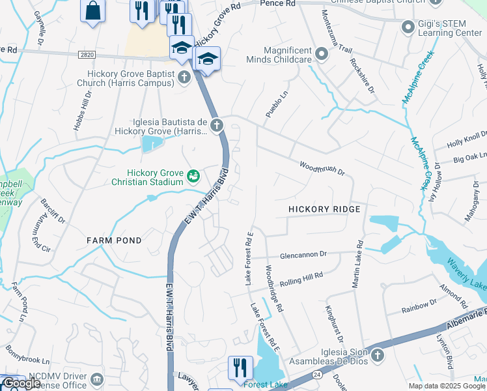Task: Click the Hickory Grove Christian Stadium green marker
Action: [x=193, y=175]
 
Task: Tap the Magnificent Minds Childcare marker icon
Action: [x=321, y=53]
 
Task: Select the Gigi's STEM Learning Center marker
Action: [x=408, y=27]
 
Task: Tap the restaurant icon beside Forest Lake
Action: [x=240, y=368]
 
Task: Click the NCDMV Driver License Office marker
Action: [x=97, y=379]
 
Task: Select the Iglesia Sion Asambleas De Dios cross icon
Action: [x=378, y=356]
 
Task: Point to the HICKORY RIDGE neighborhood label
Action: [x=324, y=209]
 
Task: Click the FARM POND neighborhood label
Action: [x=114, y=240]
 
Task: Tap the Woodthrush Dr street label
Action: [x=322, y=168]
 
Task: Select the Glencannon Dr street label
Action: [x=303, y=255]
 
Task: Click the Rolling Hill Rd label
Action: [x=301, y=280]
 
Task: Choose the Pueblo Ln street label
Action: [x=272, y=104]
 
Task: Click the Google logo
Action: [x=22, y=384]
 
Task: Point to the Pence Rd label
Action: [x=277, y=4]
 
